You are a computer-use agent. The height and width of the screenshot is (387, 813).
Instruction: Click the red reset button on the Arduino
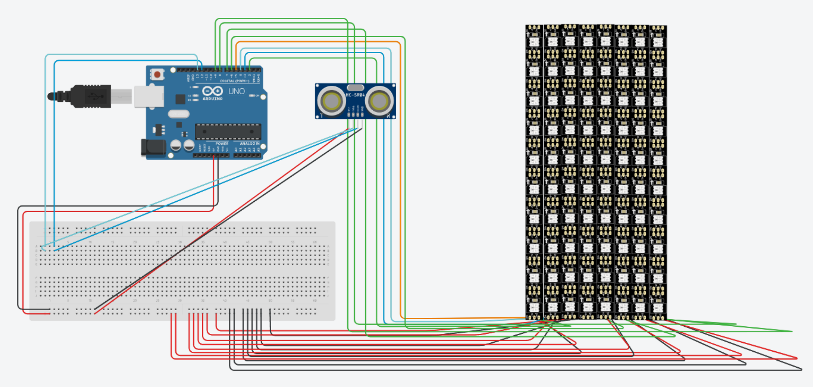click(x=157, y=74)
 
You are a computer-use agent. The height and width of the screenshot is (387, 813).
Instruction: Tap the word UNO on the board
click(x=237, y=91)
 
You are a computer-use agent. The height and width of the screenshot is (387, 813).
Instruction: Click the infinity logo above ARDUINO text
click(x=212, y=91)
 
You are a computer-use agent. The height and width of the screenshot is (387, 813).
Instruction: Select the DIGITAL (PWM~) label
click(x=235, y=81)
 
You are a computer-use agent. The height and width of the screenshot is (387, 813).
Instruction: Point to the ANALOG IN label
click(x=249, y=144)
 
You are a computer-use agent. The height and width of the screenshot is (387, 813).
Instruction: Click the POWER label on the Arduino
click(x=222, y=144)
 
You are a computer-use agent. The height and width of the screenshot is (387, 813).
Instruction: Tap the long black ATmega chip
click(x=228, y=132)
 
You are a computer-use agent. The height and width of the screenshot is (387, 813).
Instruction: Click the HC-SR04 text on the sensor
click(x=355, y=95)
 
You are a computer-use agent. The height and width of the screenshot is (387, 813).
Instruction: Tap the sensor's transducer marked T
click(x=331, y=101)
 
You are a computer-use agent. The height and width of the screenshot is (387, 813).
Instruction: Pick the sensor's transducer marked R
click(x=379, y=101)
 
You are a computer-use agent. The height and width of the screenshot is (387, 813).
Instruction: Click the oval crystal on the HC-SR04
click(x=355, y=87)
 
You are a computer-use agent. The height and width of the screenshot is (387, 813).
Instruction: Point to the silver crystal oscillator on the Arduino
click(x=178, y=114)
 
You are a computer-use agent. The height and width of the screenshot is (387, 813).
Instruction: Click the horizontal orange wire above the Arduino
click(x=318, y=42)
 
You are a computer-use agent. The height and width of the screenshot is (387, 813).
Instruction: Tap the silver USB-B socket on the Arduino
click(x=149, y=96)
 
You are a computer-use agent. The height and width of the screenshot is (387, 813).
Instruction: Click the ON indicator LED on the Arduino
click(x=252, y=96)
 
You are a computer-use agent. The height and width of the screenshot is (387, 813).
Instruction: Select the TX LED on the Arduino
click(x=195, y=96)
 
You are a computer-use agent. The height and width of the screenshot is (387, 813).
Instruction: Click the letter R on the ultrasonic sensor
click(x=388, y=116)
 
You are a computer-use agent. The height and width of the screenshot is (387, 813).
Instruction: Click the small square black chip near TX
click(x=180, y=99)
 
